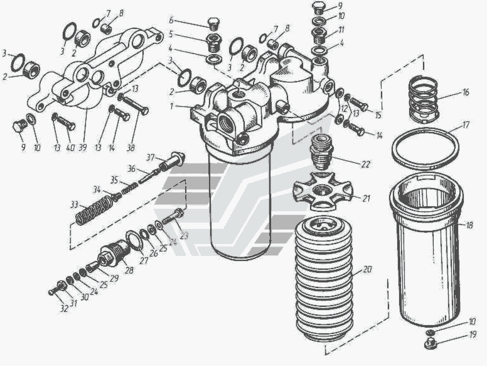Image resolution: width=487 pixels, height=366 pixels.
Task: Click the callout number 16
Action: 465,92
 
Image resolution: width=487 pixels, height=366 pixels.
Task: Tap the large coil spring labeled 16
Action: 423,99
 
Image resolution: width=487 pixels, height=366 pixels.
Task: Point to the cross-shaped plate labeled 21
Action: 322,190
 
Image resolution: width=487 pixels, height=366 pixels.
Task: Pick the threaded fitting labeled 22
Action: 321,153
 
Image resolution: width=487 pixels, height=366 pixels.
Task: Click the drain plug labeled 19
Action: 431,343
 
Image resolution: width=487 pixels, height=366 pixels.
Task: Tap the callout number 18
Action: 469,225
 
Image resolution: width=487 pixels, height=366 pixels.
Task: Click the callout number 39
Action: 82,148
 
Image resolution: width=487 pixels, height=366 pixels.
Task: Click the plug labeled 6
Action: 214,25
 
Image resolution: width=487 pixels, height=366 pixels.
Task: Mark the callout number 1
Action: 171,106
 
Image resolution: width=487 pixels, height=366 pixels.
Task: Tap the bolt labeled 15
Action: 359,104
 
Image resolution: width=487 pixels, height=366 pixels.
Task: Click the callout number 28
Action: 129,270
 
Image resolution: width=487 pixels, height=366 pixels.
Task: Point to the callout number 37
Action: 151,158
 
